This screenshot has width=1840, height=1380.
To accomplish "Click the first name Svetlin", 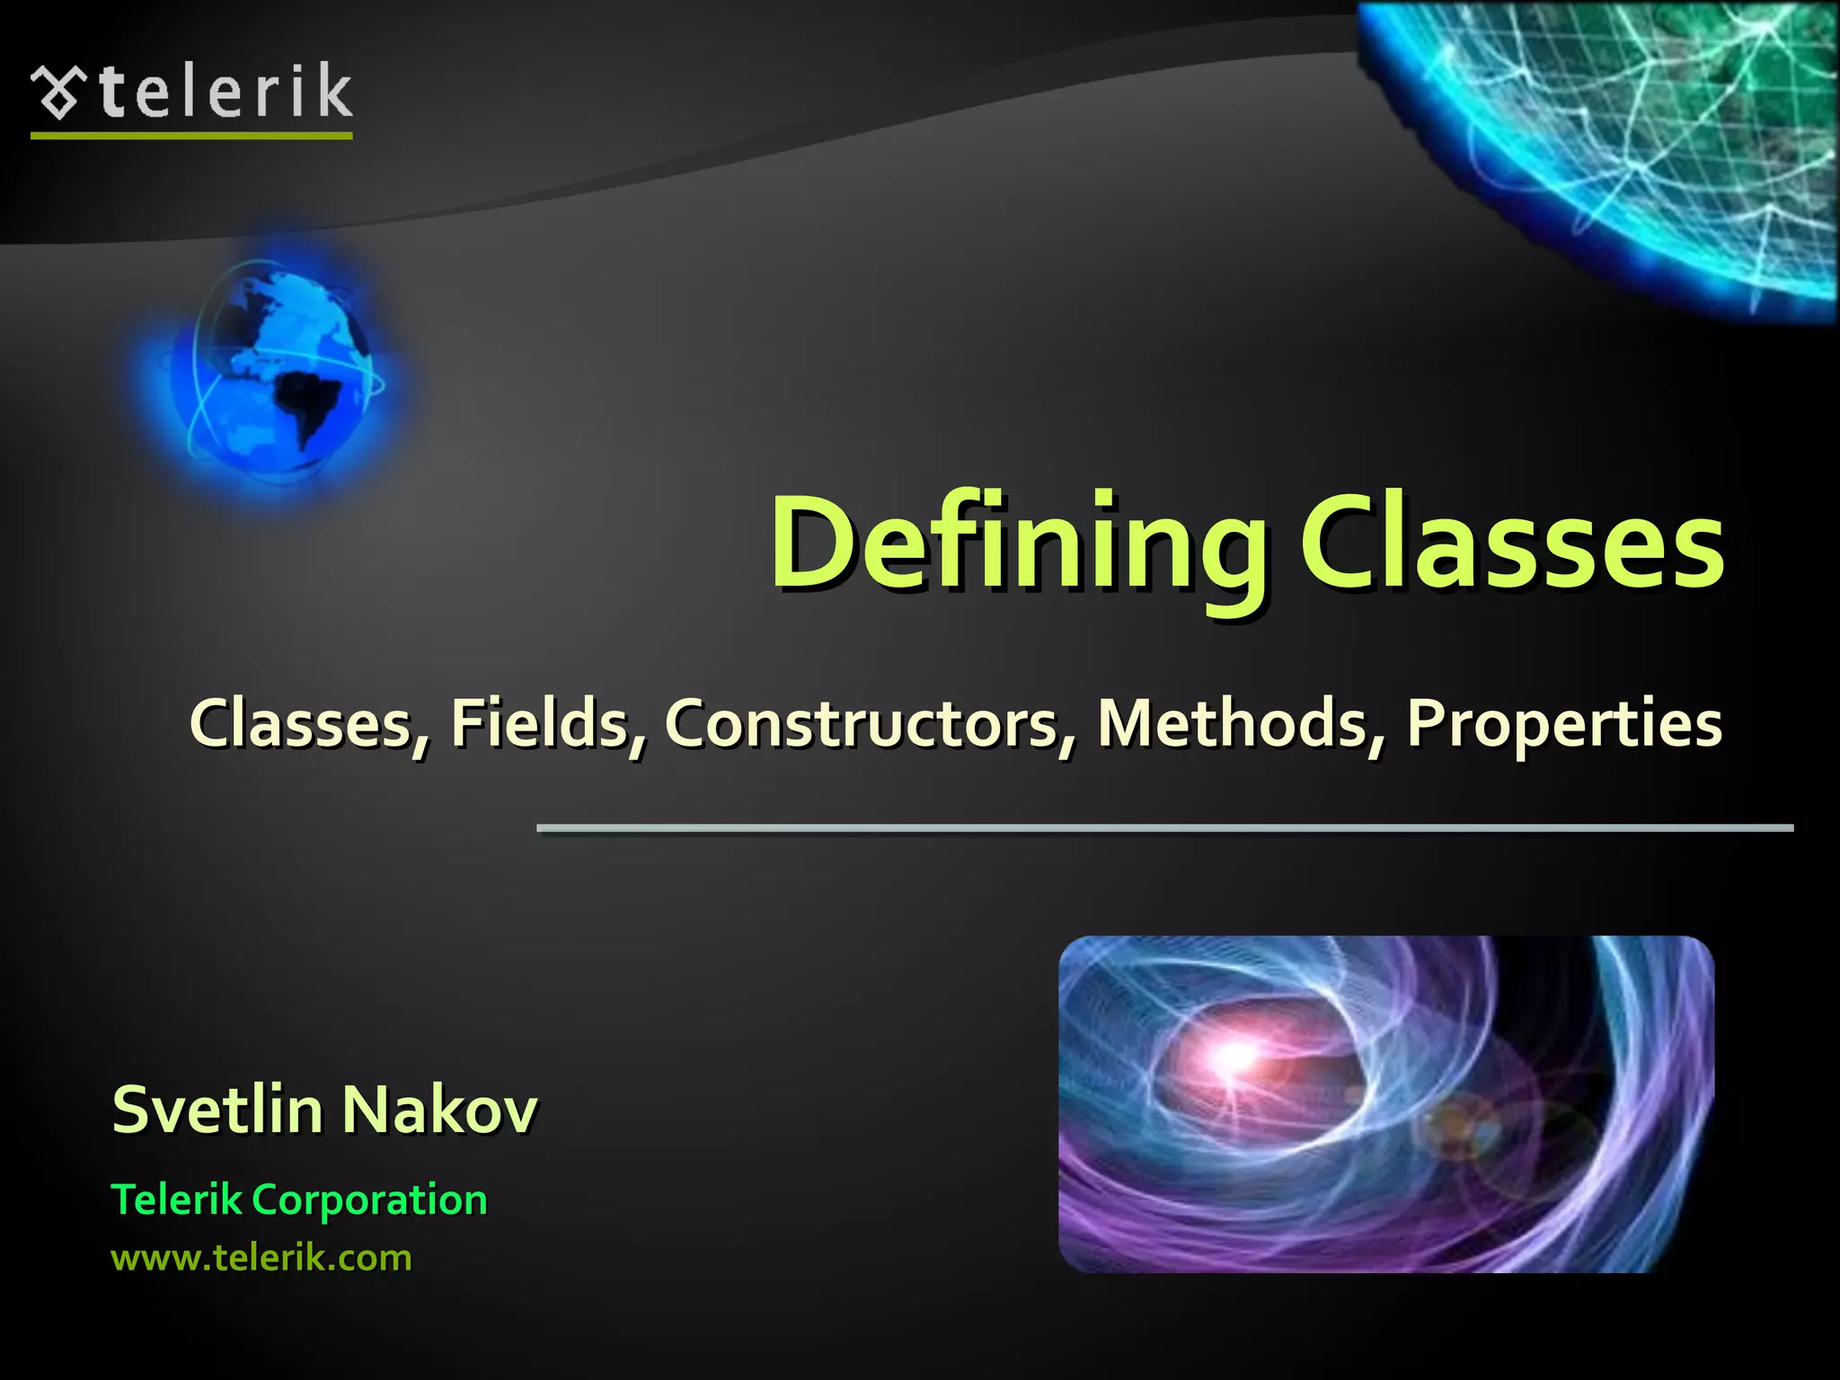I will [217, 1110].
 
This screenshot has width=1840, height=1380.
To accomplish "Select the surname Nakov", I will [440, 1110].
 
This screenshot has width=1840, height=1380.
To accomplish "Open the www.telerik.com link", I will [261, 1258].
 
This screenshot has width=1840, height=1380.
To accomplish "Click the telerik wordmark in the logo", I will [225, 91].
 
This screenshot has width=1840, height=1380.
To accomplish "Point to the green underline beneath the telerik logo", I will [191, 136].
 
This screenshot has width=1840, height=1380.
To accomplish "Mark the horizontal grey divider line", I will [1164, 827].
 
